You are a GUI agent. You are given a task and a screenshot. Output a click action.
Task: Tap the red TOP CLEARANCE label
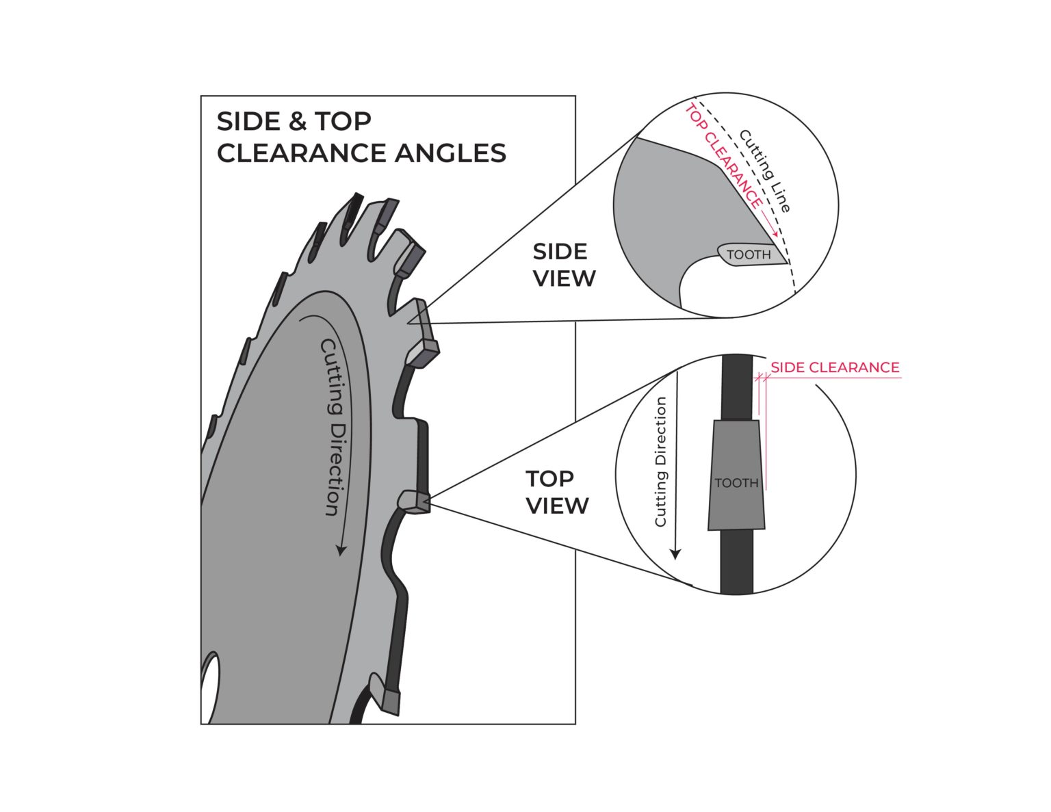tap(724, 156)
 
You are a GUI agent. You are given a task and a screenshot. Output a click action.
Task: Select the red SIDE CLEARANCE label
tap(835, 367)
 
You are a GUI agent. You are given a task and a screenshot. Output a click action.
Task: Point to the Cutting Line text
tap(765, 171)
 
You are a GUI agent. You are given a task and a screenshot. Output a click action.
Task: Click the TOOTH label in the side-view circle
tap(748, 255)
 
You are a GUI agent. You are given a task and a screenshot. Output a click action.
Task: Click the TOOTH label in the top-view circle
tap(736, 483)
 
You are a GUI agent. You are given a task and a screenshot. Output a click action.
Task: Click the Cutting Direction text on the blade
tap(331, 427)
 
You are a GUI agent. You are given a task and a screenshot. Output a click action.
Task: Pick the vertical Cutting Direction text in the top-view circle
tap(660, 462)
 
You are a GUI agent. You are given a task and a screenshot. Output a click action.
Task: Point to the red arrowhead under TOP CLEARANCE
tap(775, 235)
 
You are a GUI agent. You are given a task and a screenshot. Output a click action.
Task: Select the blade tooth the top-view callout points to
tap(415, 501)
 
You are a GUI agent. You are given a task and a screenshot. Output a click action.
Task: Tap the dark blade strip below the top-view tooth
tap(736, 561)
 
